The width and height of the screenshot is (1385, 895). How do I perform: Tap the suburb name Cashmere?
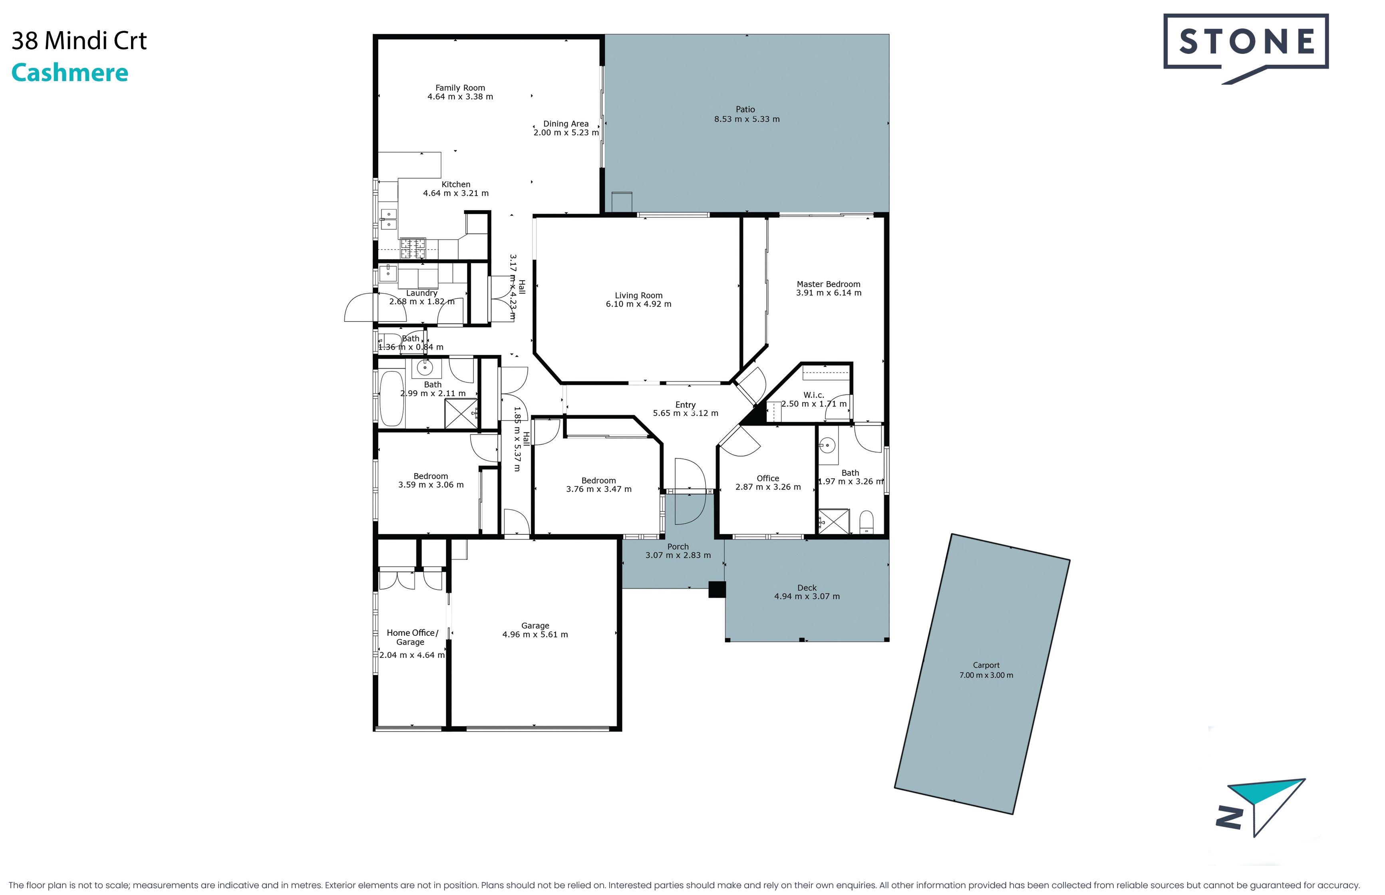[70, 73]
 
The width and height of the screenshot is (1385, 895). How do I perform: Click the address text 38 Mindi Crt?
[79, 41]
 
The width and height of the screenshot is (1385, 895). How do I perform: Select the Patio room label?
[745, 109]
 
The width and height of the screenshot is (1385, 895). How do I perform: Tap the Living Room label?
[639, 295]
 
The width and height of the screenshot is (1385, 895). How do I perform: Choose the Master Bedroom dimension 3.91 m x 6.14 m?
[829, 293]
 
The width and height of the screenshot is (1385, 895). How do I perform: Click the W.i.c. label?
[814, 395]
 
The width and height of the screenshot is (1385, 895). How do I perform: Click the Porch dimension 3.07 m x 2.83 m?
[678, 556]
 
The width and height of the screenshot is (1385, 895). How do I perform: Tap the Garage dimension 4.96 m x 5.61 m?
[535, 635]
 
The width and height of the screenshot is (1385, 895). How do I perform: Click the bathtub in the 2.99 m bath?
[392, 398]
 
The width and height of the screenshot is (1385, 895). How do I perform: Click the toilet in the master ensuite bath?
[866, 522]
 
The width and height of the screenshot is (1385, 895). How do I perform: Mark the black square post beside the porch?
[717, 589]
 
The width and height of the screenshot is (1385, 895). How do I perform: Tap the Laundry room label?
[421, 293]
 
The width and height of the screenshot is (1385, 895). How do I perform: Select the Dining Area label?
[566, 124]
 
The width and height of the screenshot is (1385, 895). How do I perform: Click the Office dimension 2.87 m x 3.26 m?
[768, 487]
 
